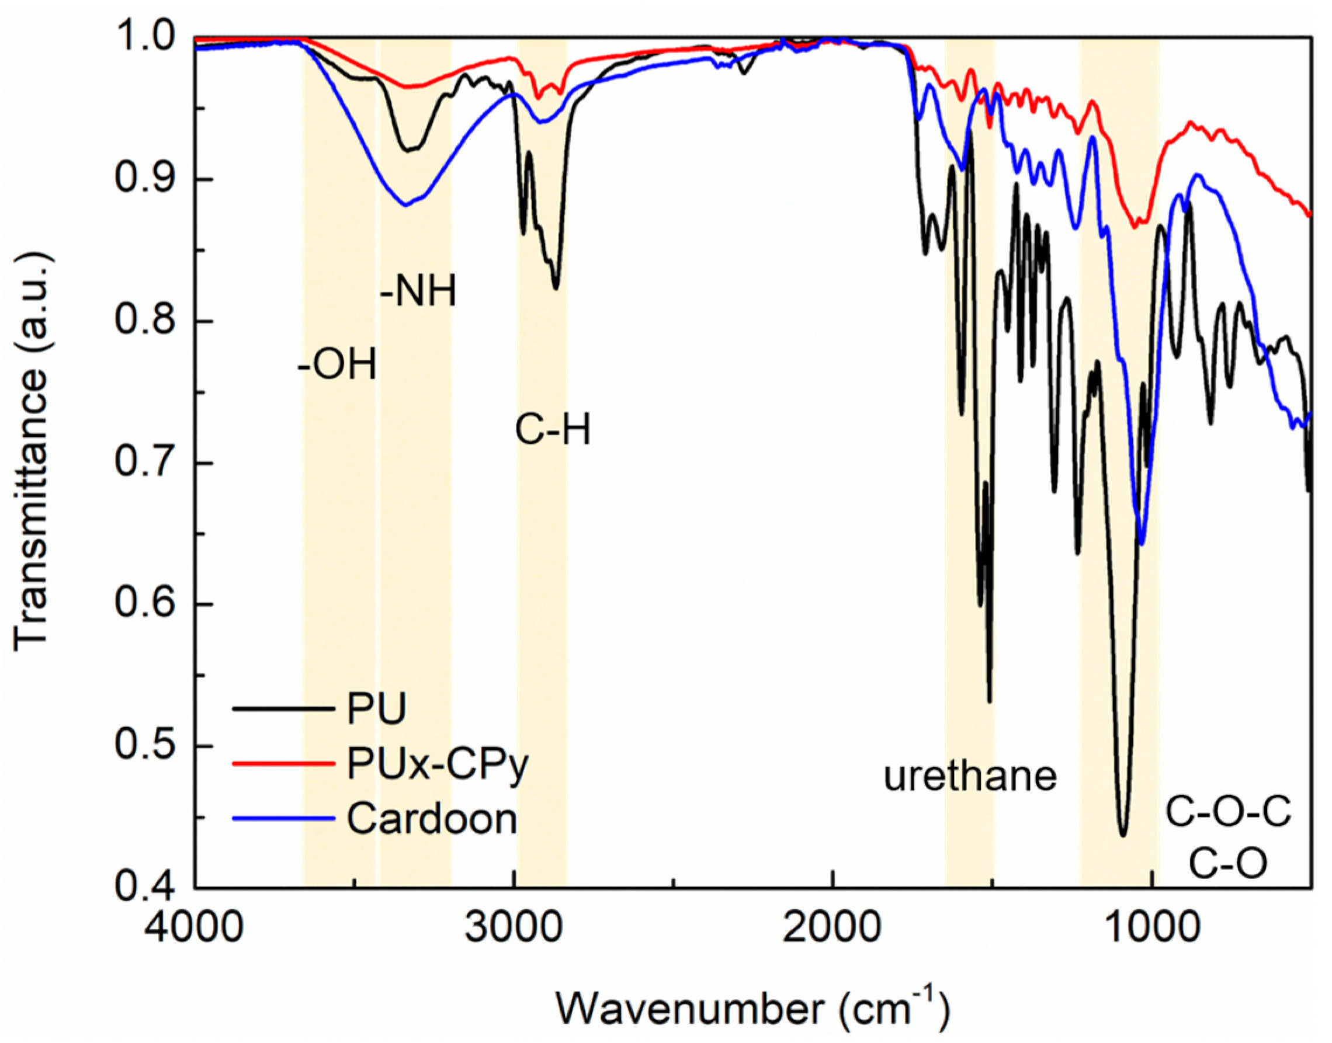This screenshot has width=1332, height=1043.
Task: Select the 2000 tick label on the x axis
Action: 832,927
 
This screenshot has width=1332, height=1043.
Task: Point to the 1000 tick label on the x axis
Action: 1151,927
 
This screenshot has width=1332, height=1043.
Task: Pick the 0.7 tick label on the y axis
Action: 145,463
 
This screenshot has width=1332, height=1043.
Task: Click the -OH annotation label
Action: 337,366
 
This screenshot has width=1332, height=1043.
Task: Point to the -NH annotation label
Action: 418,292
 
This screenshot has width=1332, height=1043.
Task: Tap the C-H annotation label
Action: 553,430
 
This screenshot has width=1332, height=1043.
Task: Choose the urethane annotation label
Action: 970,776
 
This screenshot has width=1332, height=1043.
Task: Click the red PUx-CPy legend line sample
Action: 283,764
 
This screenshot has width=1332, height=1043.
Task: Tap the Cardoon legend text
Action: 432,818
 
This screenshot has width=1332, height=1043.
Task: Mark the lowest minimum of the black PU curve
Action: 1122,834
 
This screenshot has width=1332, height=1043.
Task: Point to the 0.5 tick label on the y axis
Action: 145,746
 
